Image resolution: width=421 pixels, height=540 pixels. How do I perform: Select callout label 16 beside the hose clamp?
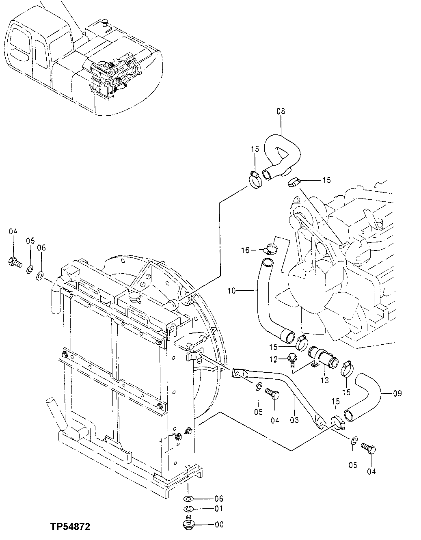click(245, 251)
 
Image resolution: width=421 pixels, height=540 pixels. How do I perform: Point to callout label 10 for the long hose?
click(231, 290)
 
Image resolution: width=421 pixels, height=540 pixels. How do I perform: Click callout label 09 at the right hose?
click(397, 393)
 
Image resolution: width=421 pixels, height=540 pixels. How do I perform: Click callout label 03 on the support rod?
click(294, 420)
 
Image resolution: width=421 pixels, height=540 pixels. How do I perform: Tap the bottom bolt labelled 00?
click(188, 523)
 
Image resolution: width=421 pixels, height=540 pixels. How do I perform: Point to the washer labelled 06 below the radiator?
click(189, 499)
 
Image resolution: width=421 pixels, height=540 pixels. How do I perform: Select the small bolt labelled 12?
click(292, 359)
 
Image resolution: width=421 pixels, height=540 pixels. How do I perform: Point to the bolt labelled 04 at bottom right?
click(369, 449)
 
